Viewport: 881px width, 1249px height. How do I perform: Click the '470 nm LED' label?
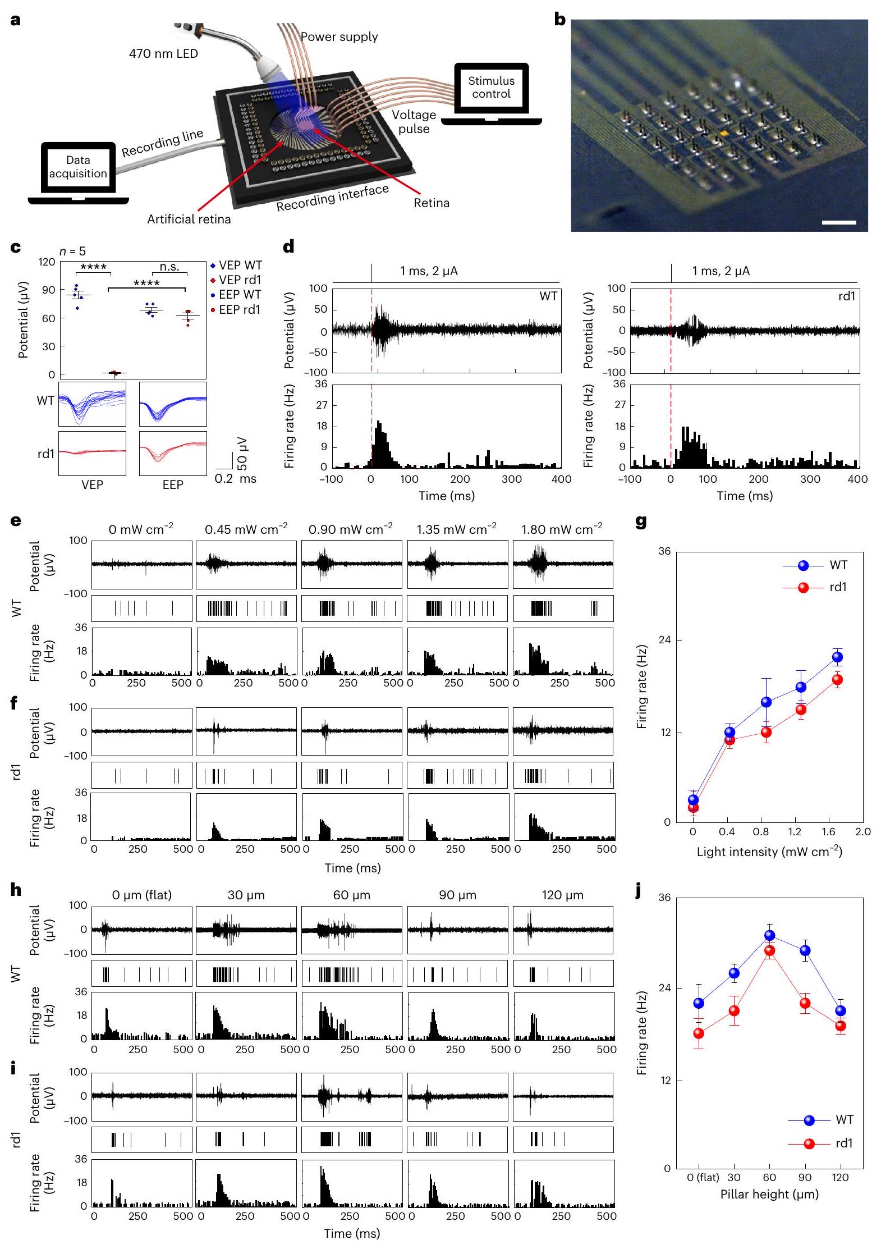[x=163, y=54]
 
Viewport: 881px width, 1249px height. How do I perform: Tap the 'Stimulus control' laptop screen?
[x=491, y=88]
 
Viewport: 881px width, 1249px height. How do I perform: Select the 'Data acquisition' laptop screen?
[x=78, y=167]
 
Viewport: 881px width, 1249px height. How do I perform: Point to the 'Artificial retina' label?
[x=189, y=219]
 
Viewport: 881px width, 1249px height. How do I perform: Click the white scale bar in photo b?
[x=839, y=223]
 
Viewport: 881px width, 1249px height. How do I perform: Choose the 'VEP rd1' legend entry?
[x=240, y=280]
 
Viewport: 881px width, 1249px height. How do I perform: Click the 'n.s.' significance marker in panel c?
[x=169, y=267]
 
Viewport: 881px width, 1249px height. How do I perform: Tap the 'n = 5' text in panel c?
[x=73, y=251]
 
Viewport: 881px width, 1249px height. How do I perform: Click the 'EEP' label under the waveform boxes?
[x=173, y=484]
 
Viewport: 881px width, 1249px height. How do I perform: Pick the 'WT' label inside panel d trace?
[x=548, y=296]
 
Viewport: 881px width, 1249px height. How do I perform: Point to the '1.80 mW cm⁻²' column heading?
[x=562, y=529]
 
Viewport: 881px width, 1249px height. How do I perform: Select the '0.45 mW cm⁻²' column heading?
[x=246, y=529]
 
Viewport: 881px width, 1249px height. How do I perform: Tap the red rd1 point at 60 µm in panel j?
[x=769, y=950]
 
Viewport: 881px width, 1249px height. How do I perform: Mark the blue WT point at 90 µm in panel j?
[x=805, y=950]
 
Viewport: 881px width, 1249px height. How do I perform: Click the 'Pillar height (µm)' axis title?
[x=769, y=1194]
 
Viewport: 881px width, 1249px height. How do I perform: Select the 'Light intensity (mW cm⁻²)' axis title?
[x=769, y=852]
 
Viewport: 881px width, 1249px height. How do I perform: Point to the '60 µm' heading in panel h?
[x=351, y=895]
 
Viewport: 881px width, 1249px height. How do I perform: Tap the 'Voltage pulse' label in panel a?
[x=414, y=122]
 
